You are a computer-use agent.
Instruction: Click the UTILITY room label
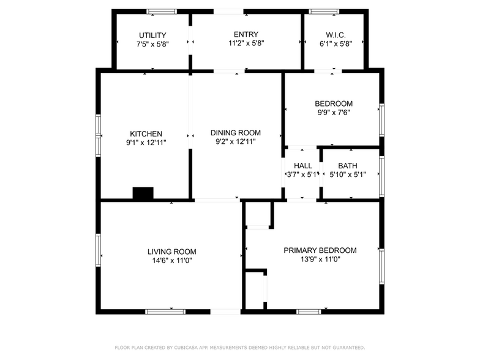tap(152, 35)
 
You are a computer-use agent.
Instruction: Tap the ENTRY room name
tap(246, 34)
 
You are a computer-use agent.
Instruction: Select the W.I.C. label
tap(334, 34)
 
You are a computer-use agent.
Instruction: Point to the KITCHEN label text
tap(146, 133)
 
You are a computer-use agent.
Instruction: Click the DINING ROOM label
tap(236, 132)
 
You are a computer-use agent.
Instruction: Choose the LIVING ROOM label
tap(171, 251)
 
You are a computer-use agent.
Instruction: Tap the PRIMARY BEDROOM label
tap(320, 250)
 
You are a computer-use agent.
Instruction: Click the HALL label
tap(302, 165)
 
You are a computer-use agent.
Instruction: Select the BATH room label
tap(348, 165)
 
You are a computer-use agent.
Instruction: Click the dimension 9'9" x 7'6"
tap(334, 112)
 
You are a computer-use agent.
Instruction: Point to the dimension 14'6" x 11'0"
tap(171, 260)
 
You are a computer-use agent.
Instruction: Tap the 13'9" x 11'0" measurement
tap(320, 259)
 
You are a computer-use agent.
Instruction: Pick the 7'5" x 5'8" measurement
tap(152, 44)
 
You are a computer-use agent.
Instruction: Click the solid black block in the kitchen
tap(143, 193)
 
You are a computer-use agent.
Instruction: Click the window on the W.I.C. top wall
tap(324, 11)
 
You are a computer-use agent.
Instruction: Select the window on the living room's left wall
tap(98, 250)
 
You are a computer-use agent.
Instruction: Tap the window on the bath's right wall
tap(381, 173)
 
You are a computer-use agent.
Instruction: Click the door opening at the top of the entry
tap(228, 11)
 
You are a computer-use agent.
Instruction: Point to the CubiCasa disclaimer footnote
tap(240, 347)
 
